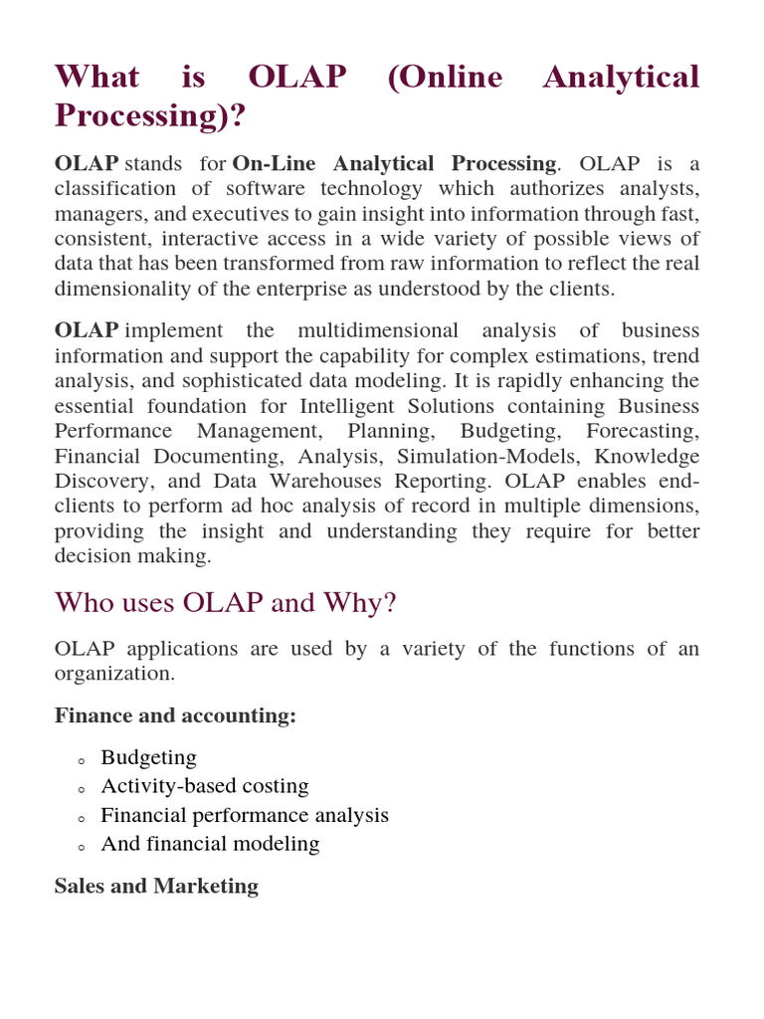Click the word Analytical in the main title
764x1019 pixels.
(x=621, y=77)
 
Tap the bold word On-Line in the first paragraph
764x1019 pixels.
(x=280, y=163)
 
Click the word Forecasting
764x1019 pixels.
(x=642, y=431)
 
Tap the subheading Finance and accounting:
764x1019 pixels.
(x=175, y=715)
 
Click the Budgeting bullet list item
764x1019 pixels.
(x=148, y=757)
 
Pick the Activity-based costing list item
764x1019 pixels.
(x=205, y=786)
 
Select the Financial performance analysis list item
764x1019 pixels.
(x=245, y=815)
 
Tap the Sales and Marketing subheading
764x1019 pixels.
(x=156, y=886)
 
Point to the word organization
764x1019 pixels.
(x=113, y=674)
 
